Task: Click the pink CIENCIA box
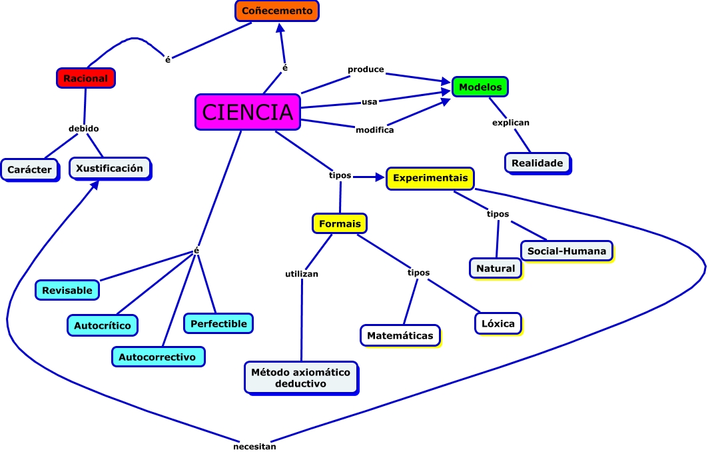click(x=247, y=111)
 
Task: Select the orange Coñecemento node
click(x=277, y=11)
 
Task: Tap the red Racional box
click(x=85, y=78)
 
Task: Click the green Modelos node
click(x=480, y=87)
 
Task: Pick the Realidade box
click(x=537, y=163)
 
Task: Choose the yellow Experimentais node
click(x=430, y=178)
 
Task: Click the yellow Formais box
click(x=340, y=223)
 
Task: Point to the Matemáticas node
click(x=400, y=335)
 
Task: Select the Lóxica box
click(x=498, y=323)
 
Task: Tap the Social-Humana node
click(x=566, y=251)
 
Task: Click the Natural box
click(x=496, y=268)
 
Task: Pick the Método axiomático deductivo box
click(x=300, y=377)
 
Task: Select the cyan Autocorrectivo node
click(x=157, y=357)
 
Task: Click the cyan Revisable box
click(x=67, y=290)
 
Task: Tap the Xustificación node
click(x=109, y=168)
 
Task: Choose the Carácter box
click(x=29, y=169)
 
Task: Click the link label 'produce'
click(x=366, y=69)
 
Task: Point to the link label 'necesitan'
click(x=254, y=447)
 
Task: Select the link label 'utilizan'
click(x=302, y=273)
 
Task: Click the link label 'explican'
click(x=510, y=123)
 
